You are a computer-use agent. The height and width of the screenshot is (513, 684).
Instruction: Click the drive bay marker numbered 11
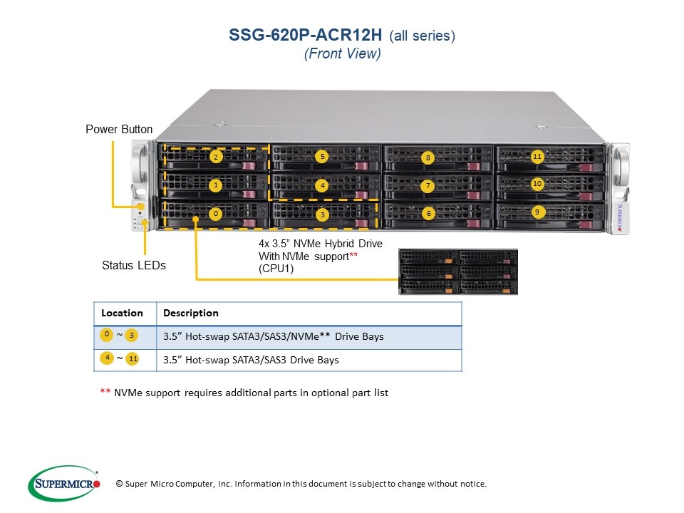click(537, 156)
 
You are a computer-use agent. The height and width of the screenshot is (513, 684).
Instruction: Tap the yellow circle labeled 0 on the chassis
click(216, 213)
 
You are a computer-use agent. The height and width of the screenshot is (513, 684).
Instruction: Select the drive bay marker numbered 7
click(427, 186)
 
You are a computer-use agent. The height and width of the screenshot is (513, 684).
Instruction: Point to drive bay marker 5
click(322, 156)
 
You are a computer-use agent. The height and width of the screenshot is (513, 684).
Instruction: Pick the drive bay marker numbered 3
click(322, 214)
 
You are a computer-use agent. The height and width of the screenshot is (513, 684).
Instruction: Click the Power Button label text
click(119, 129)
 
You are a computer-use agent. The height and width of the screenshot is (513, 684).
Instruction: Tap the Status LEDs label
click(134, 265)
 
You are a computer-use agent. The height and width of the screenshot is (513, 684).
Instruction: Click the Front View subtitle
click(342, 54)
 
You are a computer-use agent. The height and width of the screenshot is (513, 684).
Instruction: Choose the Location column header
click(122, 313)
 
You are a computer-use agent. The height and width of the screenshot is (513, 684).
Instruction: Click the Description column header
click(190, 313)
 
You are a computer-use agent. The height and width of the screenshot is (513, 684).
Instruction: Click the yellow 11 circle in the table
click(133, 359)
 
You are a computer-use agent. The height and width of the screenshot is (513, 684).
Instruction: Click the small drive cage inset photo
click(458, 271)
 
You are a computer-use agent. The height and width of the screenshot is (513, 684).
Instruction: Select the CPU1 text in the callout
click(276, 269)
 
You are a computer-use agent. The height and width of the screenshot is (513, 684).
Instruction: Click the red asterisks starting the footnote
click(105, 393)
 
